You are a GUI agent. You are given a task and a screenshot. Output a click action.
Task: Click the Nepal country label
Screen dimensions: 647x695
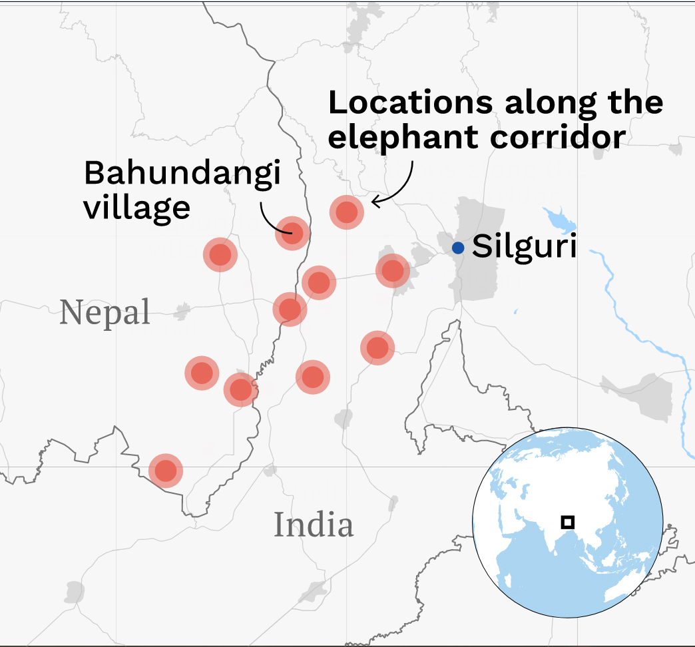105,312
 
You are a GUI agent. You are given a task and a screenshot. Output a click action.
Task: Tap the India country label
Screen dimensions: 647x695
314,525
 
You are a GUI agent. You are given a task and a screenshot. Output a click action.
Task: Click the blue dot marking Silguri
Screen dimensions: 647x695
458,248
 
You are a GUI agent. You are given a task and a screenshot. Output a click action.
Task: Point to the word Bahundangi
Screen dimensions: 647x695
182,174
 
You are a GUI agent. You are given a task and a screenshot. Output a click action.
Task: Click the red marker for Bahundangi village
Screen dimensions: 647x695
292,233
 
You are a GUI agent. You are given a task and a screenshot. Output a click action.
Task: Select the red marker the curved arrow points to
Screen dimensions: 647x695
346,212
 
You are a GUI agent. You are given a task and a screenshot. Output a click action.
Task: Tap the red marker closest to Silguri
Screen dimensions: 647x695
393,271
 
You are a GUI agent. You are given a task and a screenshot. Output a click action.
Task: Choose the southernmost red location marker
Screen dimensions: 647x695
166,471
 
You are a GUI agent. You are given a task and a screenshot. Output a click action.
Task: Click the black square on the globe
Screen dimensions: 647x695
567,522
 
